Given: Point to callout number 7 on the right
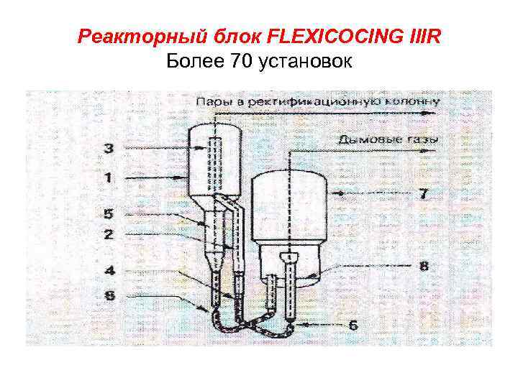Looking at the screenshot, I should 423,193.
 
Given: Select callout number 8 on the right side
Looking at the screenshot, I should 424,266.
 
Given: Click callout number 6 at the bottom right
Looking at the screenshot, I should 353,325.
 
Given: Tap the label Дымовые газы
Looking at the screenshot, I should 387,139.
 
